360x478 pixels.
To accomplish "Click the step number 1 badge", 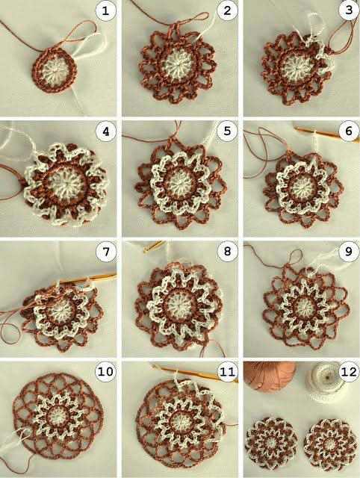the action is click(106, 11).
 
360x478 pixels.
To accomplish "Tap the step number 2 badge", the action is click(227, 11).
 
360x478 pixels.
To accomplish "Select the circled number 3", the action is click(349, 10).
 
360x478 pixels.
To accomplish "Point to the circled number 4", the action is click(106, 131).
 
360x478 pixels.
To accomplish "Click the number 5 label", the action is click(227, 131).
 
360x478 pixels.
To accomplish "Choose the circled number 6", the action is click(349, 131).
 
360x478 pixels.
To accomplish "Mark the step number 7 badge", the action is click(106, 252).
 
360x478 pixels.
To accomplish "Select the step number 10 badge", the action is click(106, 372).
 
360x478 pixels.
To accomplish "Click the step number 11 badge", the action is click(227, 372).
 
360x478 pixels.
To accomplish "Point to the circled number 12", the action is click(349, 372).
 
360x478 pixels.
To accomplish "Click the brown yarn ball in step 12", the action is click(269, 375).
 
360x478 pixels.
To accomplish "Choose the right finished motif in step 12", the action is click(330, 444).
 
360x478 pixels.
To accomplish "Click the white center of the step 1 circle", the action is click(55, 71).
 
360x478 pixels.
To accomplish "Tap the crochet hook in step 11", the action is click(195, 373).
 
